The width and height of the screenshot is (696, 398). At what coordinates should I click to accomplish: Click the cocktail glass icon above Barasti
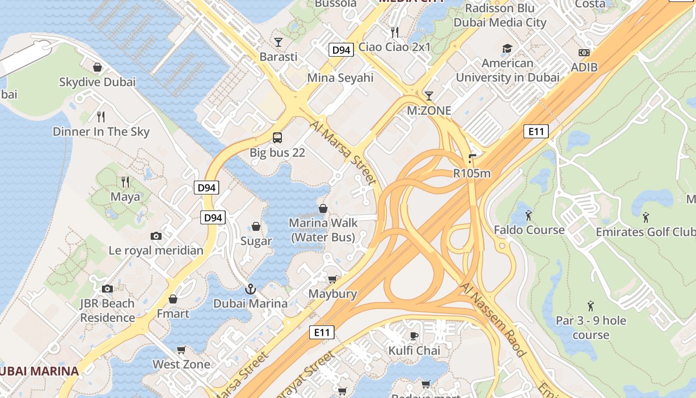tap(278, 42)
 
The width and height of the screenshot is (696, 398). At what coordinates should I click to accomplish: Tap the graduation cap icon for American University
tap(507, 48)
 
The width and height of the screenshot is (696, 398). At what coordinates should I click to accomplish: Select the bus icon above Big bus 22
tap(277, 138)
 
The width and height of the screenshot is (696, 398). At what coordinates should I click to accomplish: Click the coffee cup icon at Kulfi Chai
tap(414, 336)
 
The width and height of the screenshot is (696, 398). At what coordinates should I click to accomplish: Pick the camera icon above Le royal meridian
tap(156, 236)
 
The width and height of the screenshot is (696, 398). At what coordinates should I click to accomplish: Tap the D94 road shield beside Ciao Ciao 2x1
tap(341, 50)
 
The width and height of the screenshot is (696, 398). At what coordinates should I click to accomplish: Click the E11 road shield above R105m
tap(536, 131)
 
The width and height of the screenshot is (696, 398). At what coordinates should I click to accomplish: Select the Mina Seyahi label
tap(340, 78)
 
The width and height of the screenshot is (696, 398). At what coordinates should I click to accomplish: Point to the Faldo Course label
tap(529, 230)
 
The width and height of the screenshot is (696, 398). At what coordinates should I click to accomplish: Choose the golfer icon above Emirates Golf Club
tap(646, 217)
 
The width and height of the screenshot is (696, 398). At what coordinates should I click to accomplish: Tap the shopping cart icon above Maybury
tap(332, 279)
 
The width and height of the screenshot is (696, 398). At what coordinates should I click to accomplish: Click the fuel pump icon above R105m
tap(472, 159)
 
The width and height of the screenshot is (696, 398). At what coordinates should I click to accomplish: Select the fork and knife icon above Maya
tap(125, 182)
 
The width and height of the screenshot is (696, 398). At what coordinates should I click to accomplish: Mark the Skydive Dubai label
tap(97, 82)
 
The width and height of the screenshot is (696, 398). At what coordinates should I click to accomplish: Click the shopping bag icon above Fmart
tap(173, 299)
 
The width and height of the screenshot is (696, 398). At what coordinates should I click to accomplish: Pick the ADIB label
tap(584, 67)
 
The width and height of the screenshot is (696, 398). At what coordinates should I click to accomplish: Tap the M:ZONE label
tap(429, 110)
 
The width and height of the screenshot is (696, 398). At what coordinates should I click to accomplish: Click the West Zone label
tap(181, 364)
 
